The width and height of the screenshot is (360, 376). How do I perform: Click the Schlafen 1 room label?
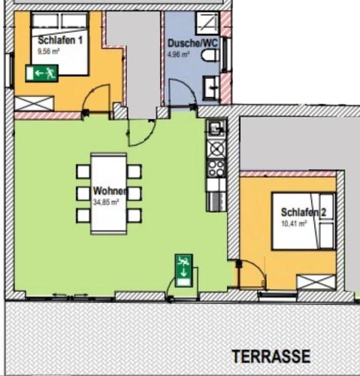(x=60, y=40)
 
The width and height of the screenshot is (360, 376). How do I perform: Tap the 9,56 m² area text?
(x=48, y=52)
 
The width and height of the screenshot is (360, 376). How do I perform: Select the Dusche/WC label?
(x=192, y=43)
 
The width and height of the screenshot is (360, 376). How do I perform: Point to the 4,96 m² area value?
(x=178, y=54)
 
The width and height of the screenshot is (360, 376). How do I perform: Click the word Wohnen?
(x=110, y=191)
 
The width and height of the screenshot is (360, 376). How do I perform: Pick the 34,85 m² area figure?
(x=106, y=202)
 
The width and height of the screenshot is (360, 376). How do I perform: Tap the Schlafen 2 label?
(x=304, y=212)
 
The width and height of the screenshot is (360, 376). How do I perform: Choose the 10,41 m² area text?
(x=294, y=223)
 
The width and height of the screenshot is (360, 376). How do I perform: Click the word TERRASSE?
(x=271, y=356)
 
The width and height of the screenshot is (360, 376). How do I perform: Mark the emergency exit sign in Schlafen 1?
(x=42, y=73)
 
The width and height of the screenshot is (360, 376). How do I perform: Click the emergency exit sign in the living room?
(x=184, y=271)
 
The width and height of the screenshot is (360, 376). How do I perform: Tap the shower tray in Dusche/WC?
(x=207, y=23)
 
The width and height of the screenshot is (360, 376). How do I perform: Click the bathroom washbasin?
(x=211, y=86)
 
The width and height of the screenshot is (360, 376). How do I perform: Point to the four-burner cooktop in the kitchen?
(x=216, y=168)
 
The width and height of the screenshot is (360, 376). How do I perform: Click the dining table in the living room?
(x=109, y=193)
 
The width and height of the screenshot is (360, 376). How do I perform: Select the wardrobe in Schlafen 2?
(x=316, y=282)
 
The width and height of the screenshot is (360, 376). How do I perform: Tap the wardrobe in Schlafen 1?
(x=34, y=104)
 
